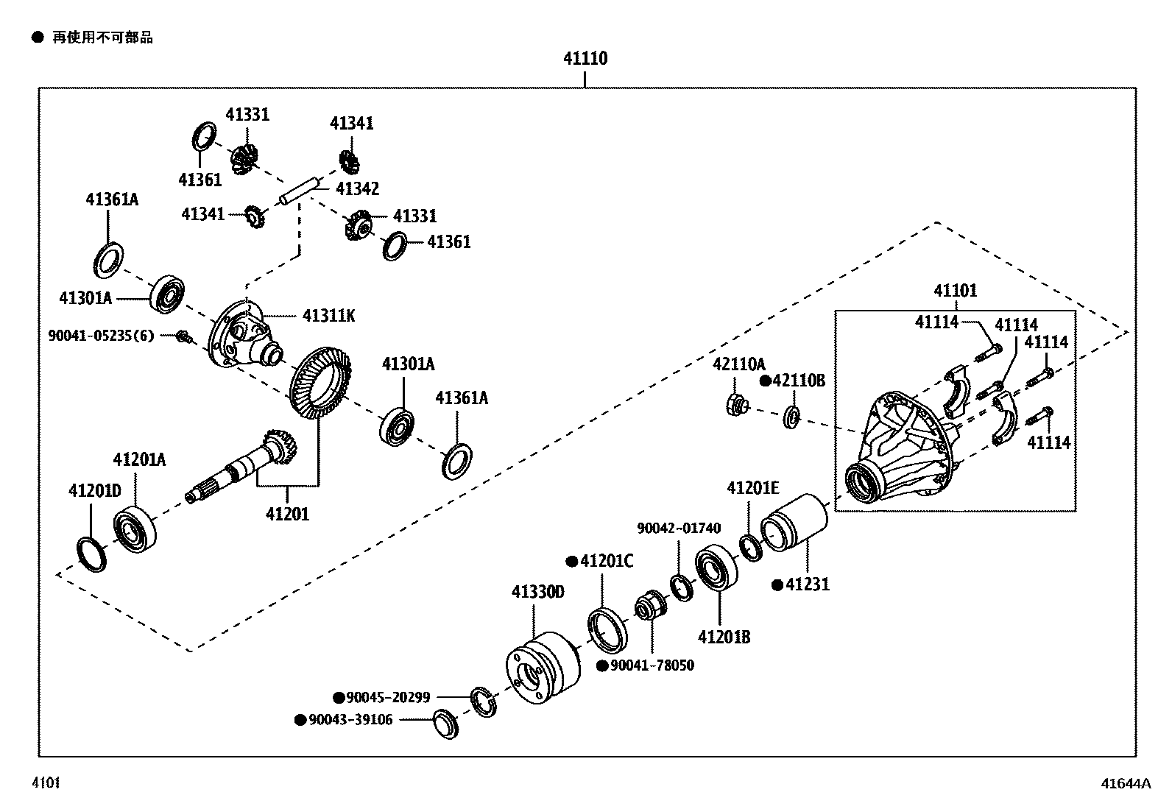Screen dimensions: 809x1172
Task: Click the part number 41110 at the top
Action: (x=585, y=59)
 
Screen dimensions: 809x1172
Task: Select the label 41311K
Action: (x=329, y=316)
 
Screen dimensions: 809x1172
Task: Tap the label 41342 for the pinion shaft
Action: (x=357, y=189)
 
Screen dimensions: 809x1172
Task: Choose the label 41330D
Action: (x=538, y=592)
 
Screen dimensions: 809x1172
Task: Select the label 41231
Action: (x=808, y=584)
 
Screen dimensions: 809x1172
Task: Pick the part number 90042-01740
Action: (x=679, y=528)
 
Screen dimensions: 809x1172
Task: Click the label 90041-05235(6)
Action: (x=102, y=336)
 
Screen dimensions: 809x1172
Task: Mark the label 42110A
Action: (x=738, y=364)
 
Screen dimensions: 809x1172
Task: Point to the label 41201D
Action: (x=94, y=490)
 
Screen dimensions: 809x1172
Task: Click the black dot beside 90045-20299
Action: (x=339, y=697)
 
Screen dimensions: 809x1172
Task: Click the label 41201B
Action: (x=724, y=637)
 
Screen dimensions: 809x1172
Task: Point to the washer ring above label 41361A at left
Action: (x=109, y=258)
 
